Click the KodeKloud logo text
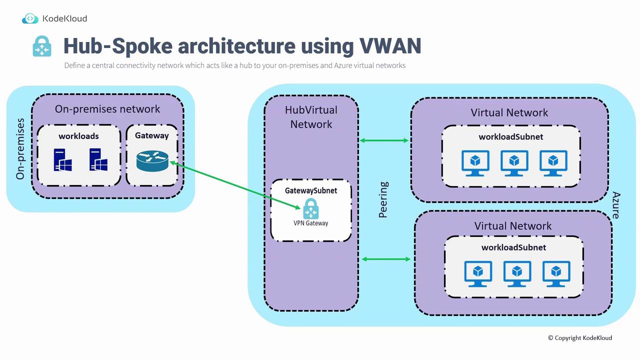[64, 18]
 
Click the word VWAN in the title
[390, 45]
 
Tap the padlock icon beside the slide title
[42, 46]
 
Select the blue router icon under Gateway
[152, 160]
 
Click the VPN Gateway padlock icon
[311, 208]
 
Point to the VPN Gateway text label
[311, 223]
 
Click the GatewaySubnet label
[311, 190]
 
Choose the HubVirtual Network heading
[311, 117]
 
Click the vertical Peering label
[383, 200]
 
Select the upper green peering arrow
[384, 140]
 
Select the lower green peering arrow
[386, 259]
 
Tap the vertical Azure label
[616, 205]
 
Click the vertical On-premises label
[20, 148]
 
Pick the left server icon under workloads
[62, 159]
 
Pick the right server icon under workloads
[98, 159]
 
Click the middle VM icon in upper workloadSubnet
[514, 163]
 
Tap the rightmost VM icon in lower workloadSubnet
[556, 273]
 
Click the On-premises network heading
[107, 109]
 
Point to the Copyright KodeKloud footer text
[580, 338]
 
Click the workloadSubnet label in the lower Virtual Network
[513, 247]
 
